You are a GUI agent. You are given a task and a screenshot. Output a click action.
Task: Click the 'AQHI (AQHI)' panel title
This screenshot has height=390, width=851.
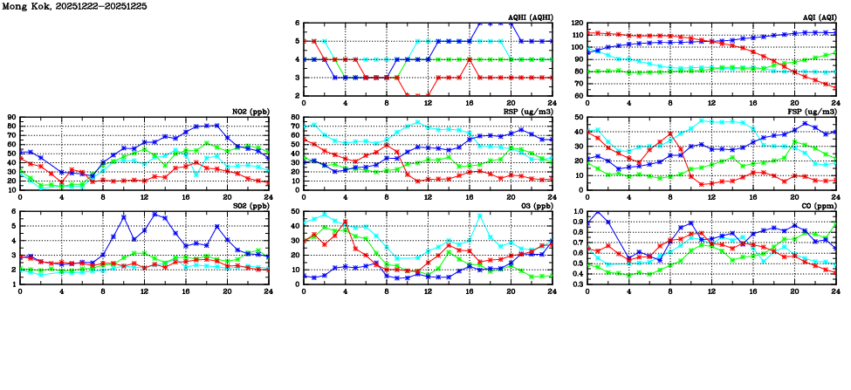coord(530,17)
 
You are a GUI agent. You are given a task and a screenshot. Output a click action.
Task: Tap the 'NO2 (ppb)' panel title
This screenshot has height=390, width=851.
coord(250,112)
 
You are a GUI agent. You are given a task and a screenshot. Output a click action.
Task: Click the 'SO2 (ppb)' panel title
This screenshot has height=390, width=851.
coord(250,206)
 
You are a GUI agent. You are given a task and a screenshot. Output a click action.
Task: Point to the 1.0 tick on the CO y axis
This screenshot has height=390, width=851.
coord(578,212)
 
